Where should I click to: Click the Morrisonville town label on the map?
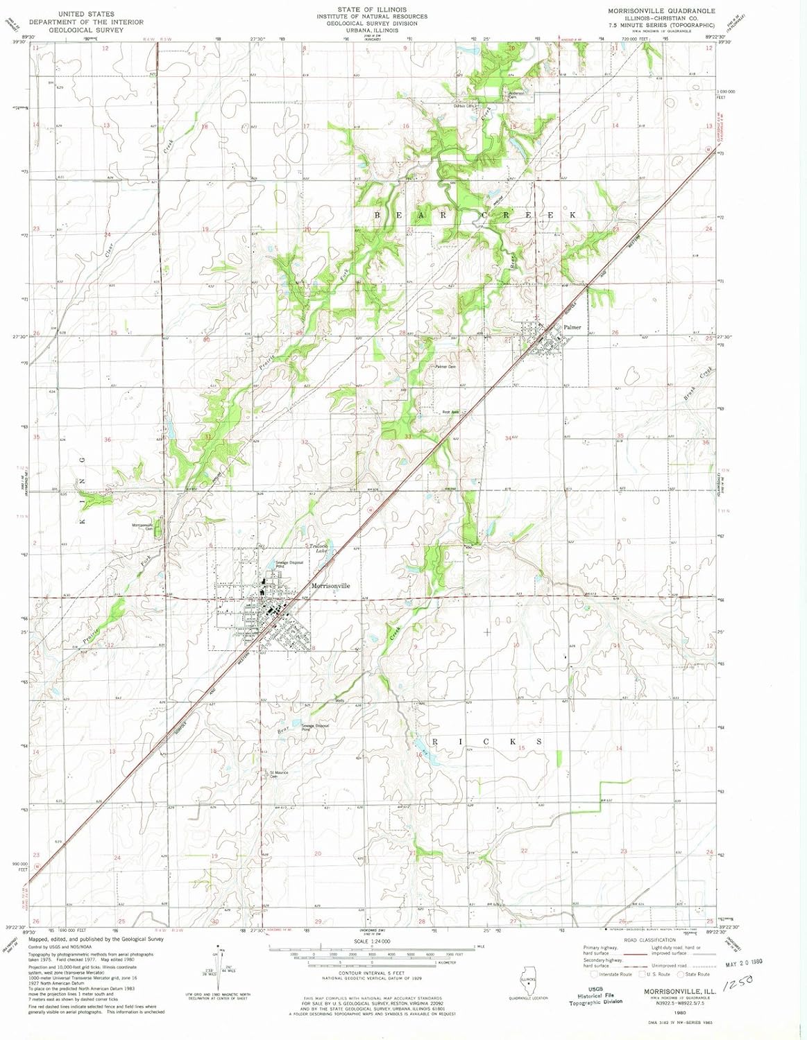tap(331, 586)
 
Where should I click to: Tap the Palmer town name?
tap(572, 327)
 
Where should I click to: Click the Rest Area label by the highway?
tap(450, 412)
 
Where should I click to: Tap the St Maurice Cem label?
tap(278, 774)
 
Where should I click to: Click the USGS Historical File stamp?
tap(596, 996)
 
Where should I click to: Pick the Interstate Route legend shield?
tap(595, 974)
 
